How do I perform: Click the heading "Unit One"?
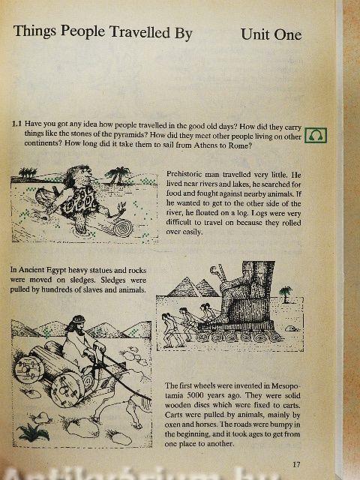point(271,34)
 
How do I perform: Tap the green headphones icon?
point(316,135)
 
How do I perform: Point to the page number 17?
point(296,464)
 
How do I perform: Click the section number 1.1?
point(16,124)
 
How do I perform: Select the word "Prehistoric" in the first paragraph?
point(184,174)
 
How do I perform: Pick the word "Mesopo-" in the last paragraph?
point(286,385)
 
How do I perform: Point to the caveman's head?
point(79,175)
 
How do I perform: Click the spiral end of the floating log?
point(123,228)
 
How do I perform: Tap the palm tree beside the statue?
point(285,294)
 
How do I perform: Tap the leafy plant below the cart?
point(33,432)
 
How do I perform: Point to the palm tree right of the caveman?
point(118,175)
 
